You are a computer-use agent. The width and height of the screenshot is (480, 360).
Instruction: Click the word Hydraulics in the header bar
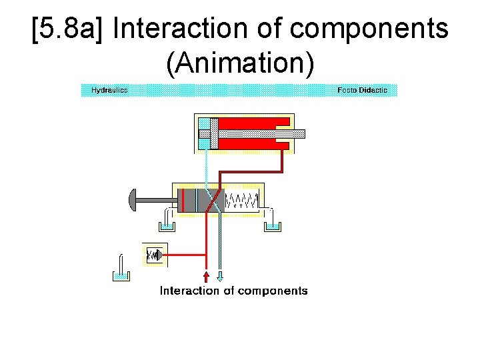point(109,90)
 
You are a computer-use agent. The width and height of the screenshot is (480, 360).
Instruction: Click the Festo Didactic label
point(362,90)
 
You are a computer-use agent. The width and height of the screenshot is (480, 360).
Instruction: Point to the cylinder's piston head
point(213,133)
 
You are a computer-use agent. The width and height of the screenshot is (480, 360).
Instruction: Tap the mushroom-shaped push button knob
point(132,200)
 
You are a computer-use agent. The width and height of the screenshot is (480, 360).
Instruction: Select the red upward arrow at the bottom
point(206,276)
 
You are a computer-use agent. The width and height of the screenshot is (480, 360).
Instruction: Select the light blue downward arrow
point(221,276)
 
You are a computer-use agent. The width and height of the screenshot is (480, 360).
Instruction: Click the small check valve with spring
point(154,255)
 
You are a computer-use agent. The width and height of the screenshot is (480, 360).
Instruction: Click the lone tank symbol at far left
point(120,270)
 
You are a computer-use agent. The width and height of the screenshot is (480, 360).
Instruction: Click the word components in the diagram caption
point(273,291)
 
